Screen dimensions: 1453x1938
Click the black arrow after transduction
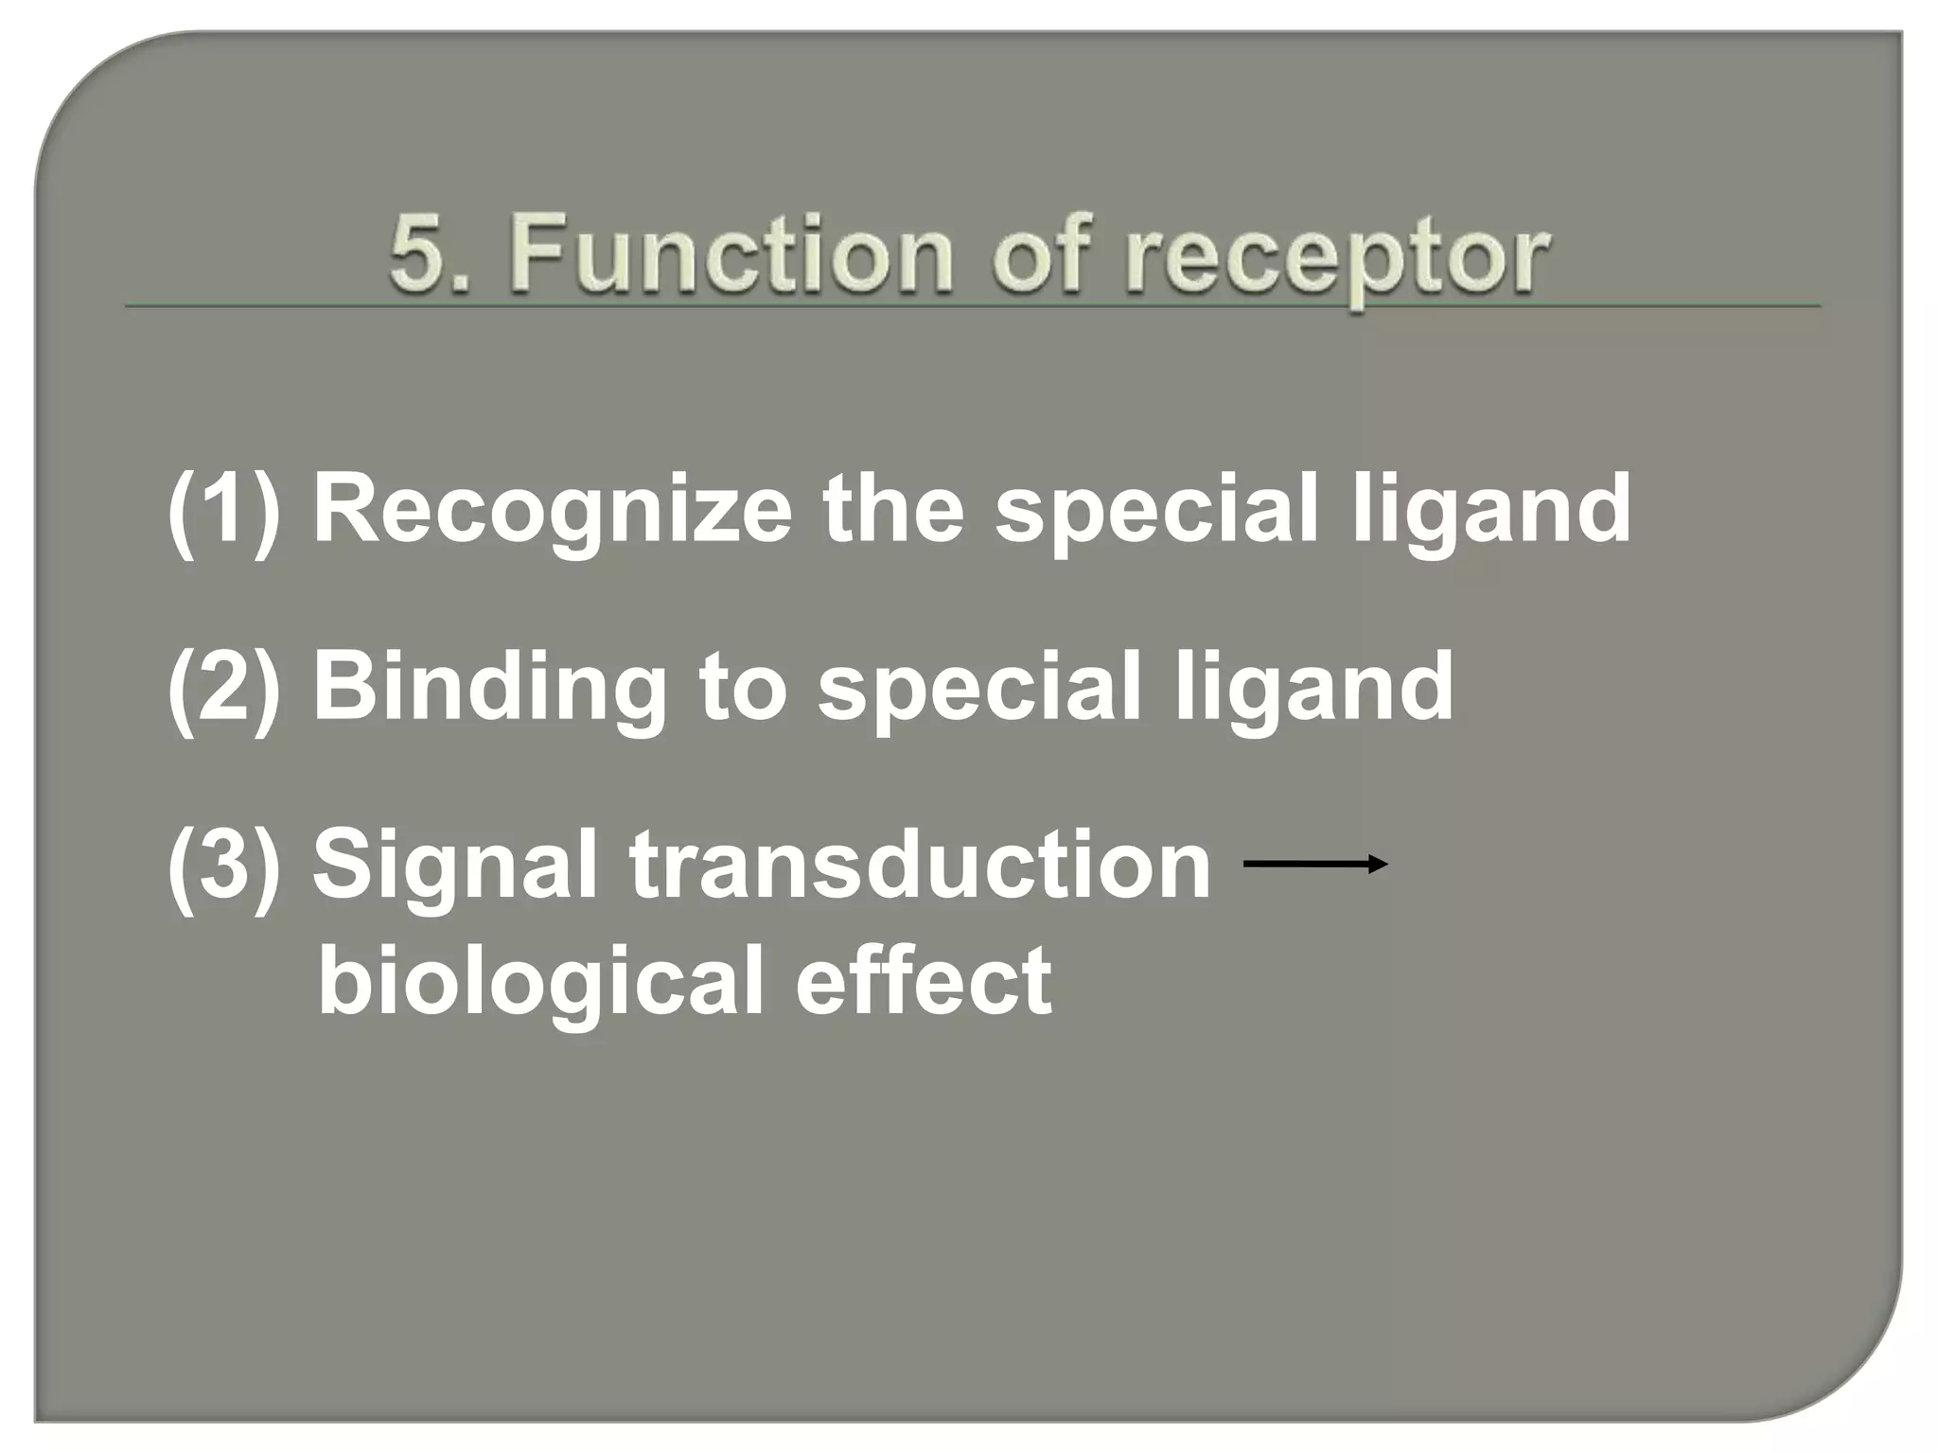pos(1315,863)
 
